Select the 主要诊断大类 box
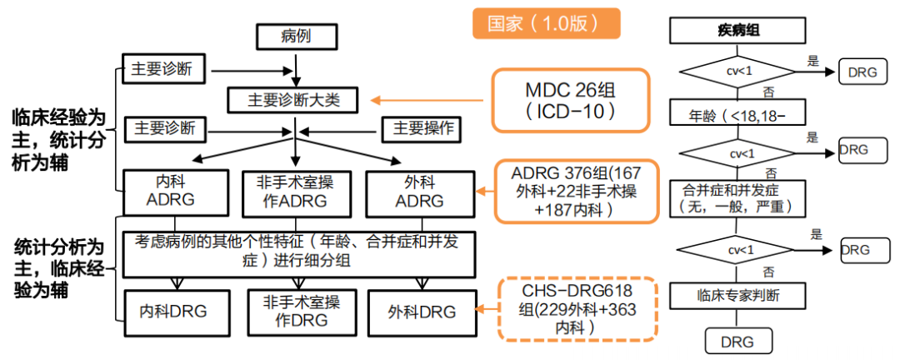[x=296, y=99]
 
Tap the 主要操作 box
[x=422, y=129]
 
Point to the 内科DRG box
[x=172, y=312]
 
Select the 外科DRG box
[x=422, y=312]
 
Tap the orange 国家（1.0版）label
[x=547, y=23]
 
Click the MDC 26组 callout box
[x=571, y=99]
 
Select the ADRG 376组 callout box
[x=577, y=192]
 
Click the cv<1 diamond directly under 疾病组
[x=736, y=72]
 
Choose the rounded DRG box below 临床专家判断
[x=736, y=341]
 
